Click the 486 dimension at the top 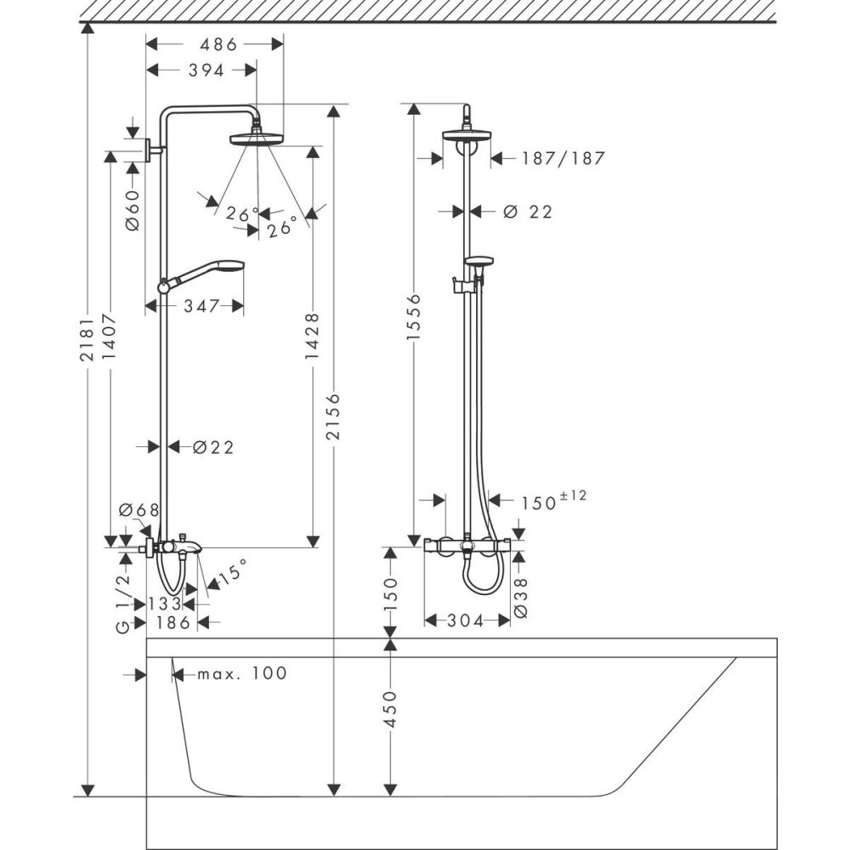(218, 43)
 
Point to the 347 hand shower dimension (201, 305)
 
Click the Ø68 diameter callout (139, 510)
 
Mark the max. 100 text (241, 674)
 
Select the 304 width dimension (466, 621)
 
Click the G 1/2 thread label (123, 602)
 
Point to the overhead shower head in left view (257, 137)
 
